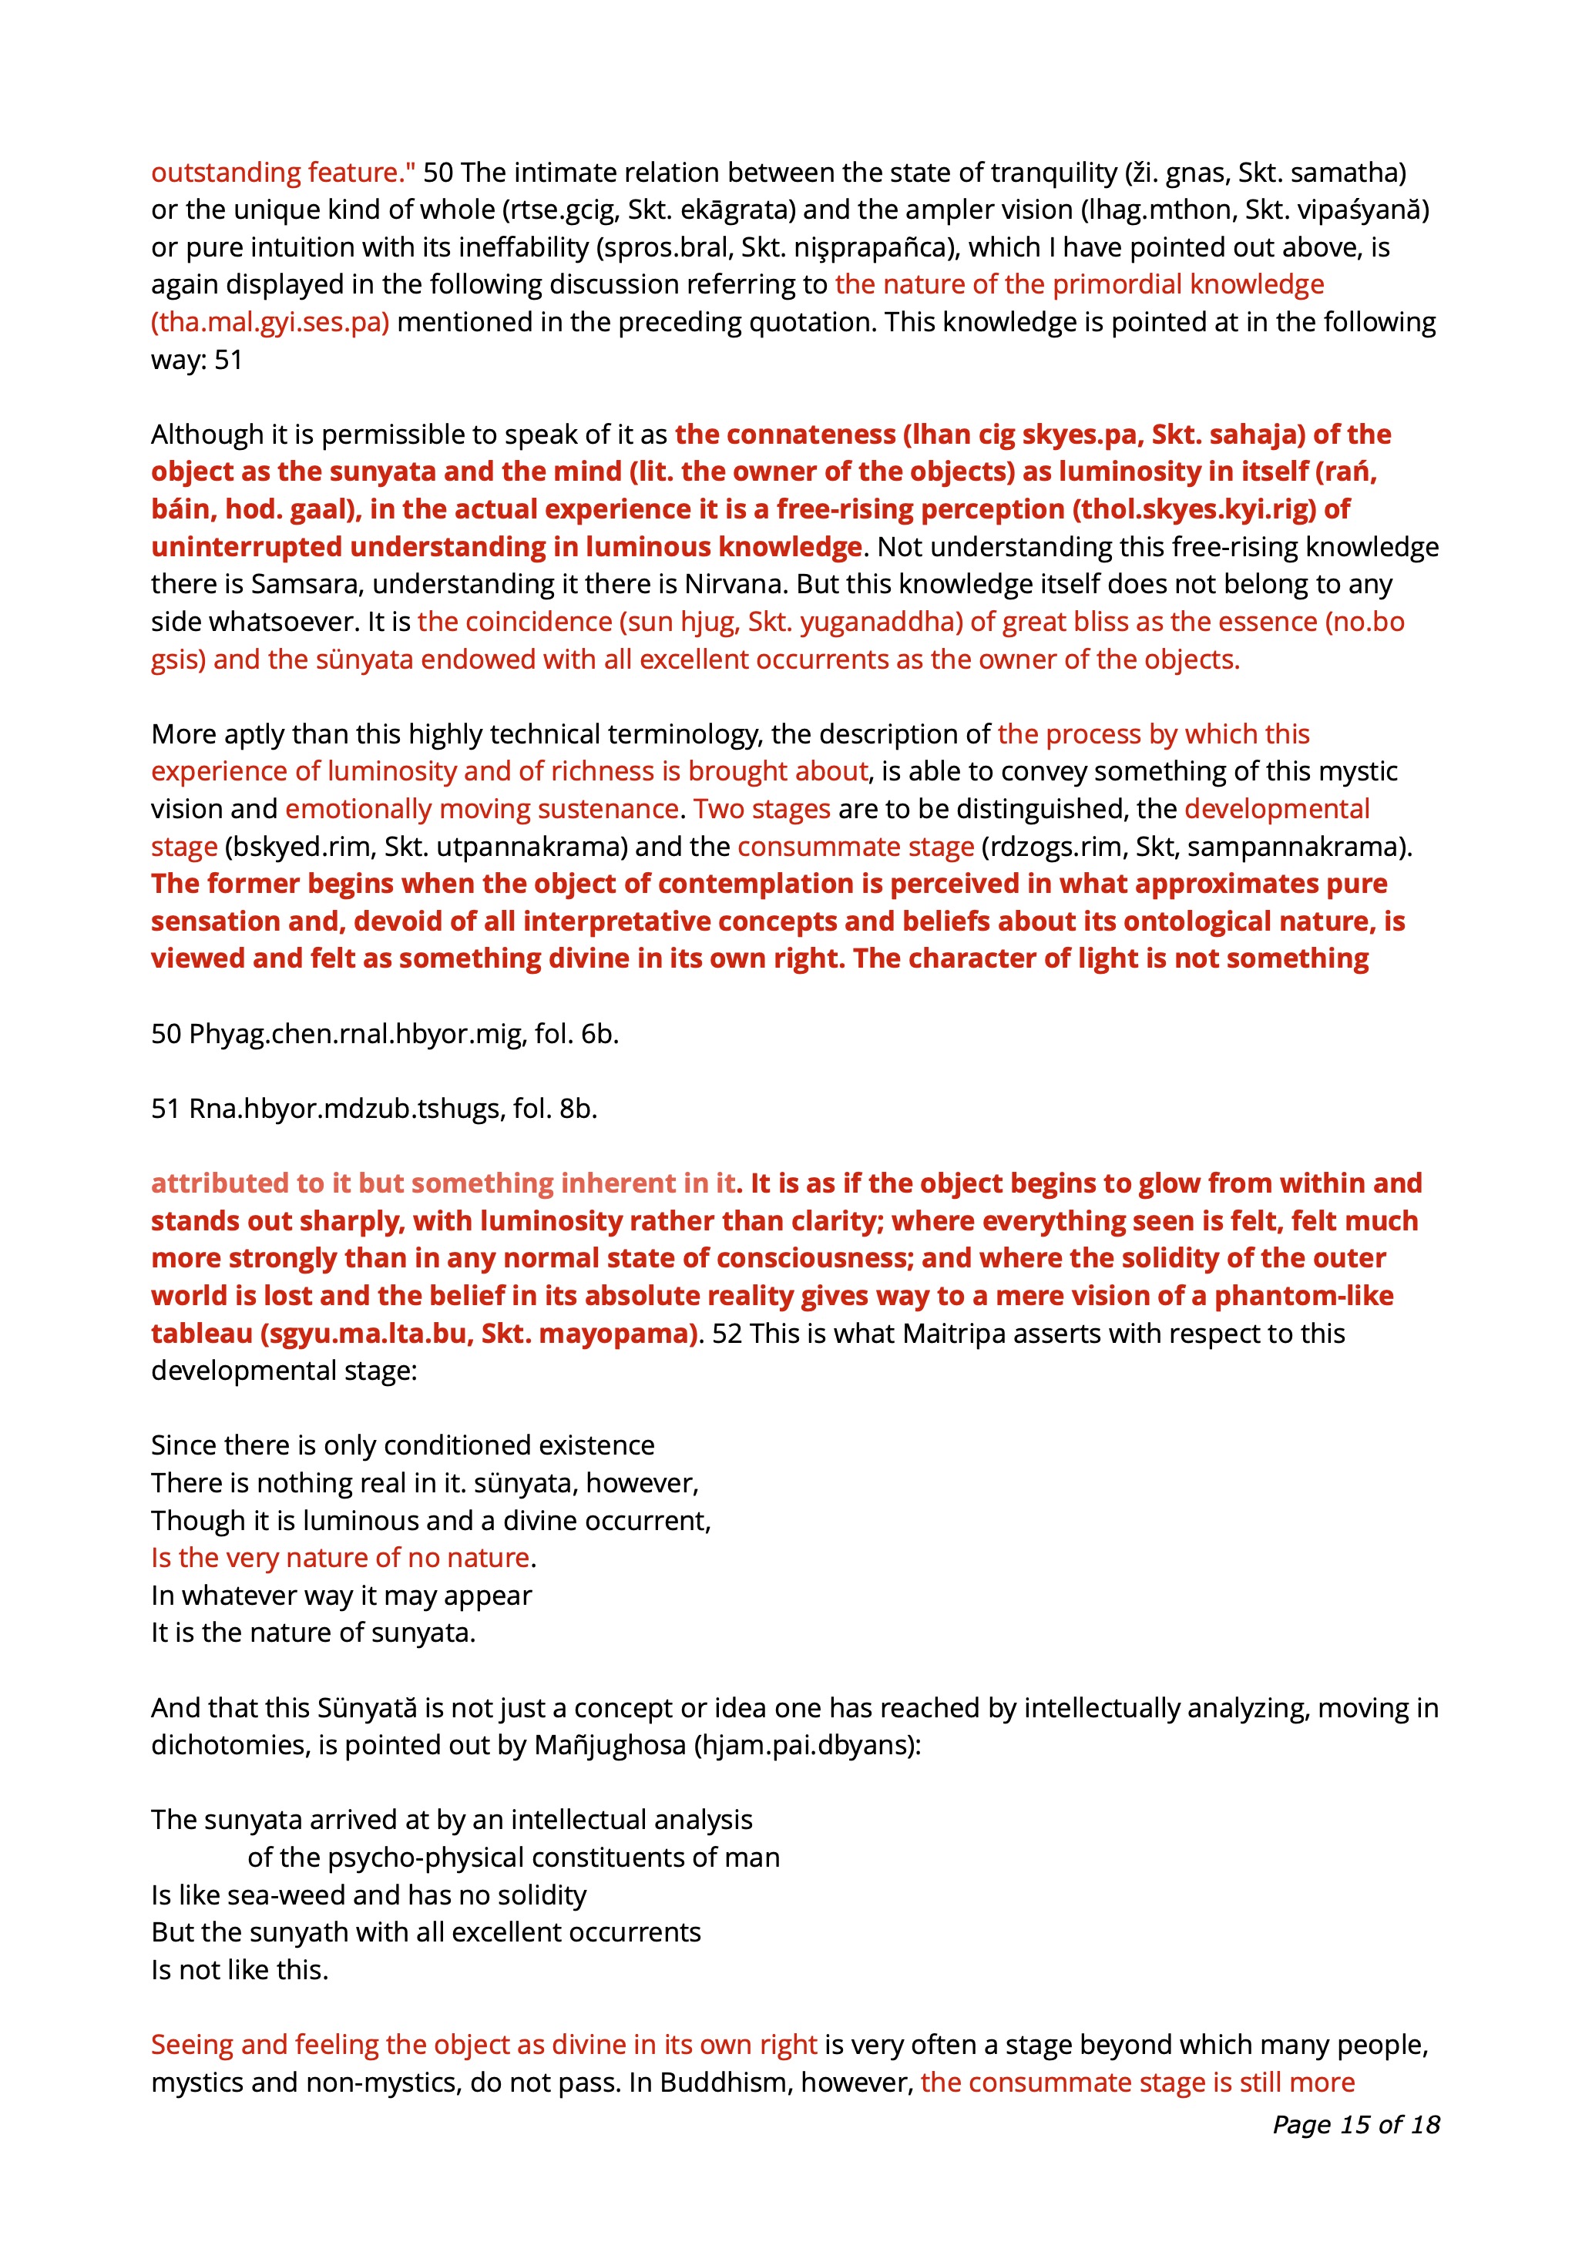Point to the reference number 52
727,1334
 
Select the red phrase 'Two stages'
762,809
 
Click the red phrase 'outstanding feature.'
283,173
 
